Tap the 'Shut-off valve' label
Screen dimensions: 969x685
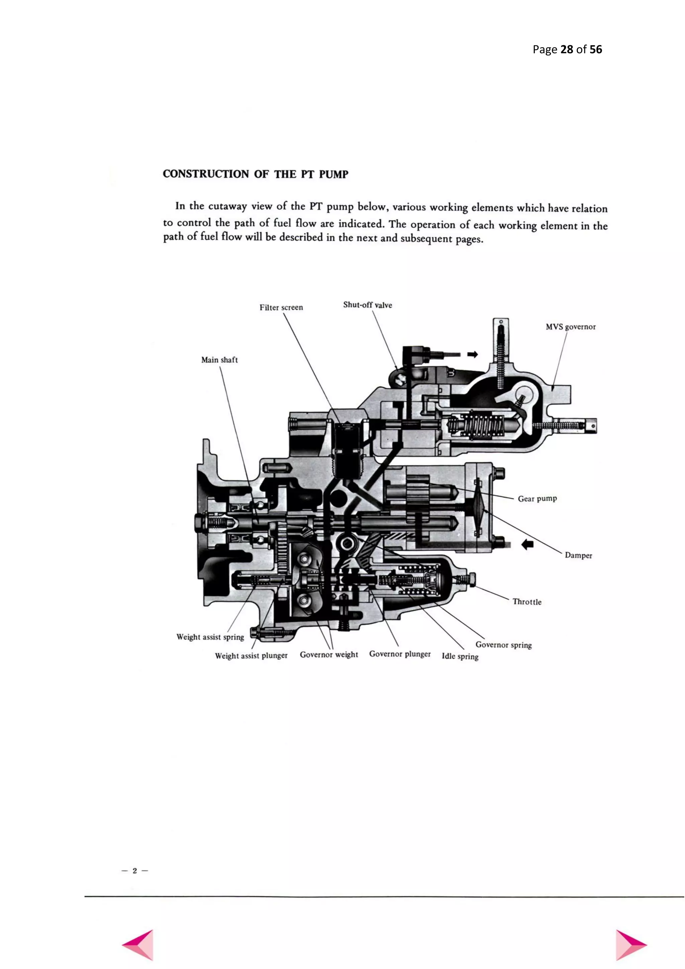(x=367, y=305)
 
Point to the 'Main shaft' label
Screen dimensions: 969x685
(x=219, y=360)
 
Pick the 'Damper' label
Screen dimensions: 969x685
(x=578, y=555)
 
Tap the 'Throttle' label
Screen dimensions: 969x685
(x=527, y=602)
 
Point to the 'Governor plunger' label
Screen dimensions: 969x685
(x=400, y=654)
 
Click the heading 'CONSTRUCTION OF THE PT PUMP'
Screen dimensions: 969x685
(x=256, y=174)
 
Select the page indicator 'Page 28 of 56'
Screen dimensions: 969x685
(x=567, y=50)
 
